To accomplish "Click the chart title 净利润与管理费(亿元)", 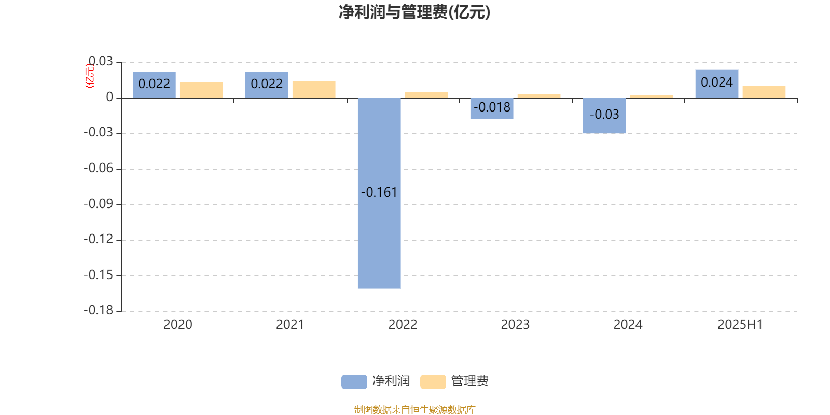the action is click(x=414, y=12).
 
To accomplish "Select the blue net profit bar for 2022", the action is click(x=379, y=193).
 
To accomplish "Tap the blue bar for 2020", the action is click(x=154, y=85).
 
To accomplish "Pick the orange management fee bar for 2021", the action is click(x=314, y=90).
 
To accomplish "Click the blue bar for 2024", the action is click(x=604, y=116).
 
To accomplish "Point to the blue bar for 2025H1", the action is click(x=716, y=84).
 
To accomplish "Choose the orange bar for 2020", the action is click(x=201, y=90).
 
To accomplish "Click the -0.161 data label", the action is click(x=379, y=192).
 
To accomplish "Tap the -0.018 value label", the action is click(x=492, y=107).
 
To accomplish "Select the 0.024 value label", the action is click(x=716, y=82).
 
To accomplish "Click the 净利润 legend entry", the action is click(x=376, y=381).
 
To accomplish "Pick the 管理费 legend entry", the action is click(x=454, y=381).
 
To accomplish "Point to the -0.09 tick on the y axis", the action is click(x=98, y=204).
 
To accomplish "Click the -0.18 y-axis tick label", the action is click(x=98, y=310).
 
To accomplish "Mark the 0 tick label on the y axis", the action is click(x=109, y=97).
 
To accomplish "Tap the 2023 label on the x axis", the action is click(x=515, y=325).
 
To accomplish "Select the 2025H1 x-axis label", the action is click(x=740, y=325).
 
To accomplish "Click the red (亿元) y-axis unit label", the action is click(x=90, y=76).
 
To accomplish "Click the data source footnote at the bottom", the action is click(x=414, y=409).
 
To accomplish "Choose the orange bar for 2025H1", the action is click(x=764, y=92).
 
